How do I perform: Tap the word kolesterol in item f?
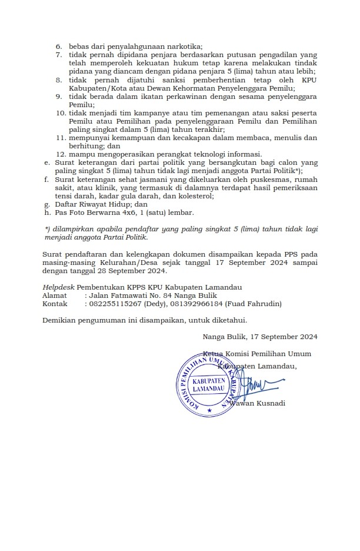click(194, 196)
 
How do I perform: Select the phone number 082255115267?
click(114, 304)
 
